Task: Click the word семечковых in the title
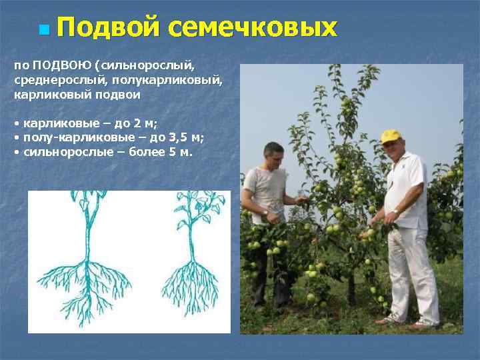pyautogui.click(x=253, y=28)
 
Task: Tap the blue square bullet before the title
pyautogui.click(x=44, y=30)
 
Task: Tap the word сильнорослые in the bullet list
pyautogui.click(x=61, y=152)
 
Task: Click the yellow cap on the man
pyautogui.click(x=391, y=136)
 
